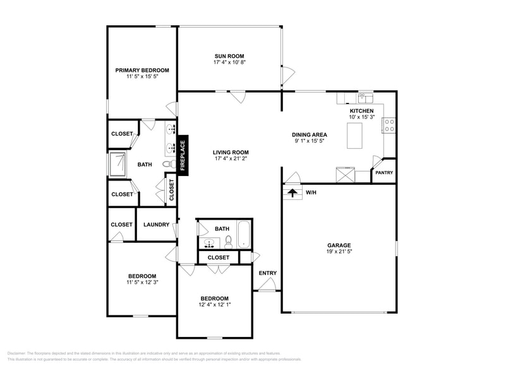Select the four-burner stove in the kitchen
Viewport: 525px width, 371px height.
390,126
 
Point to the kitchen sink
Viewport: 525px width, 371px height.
365,98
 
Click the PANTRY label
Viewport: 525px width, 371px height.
384,172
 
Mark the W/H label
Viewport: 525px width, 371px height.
311,192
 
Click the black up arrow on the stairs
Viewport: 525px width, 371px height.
292,192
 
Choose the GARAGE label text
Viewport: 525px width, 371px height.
339,245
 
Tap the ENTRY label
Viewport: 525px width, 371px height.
267,273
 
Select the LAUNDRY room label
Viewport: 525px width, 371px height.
156,225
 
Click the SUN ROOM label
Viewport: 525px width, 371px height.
229,56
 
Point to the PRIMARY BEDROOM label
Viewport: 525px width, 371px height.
142,70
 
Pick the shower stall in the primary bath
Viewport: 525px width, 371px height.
118,165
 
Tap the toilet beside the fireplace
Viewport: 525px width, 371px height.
167,164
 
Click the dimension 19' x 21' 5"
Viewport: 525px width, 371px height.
339,252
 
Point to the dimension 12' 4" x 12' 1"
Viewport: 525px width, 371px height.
214,305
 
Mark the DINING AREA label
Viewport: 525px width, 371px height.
309,134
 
